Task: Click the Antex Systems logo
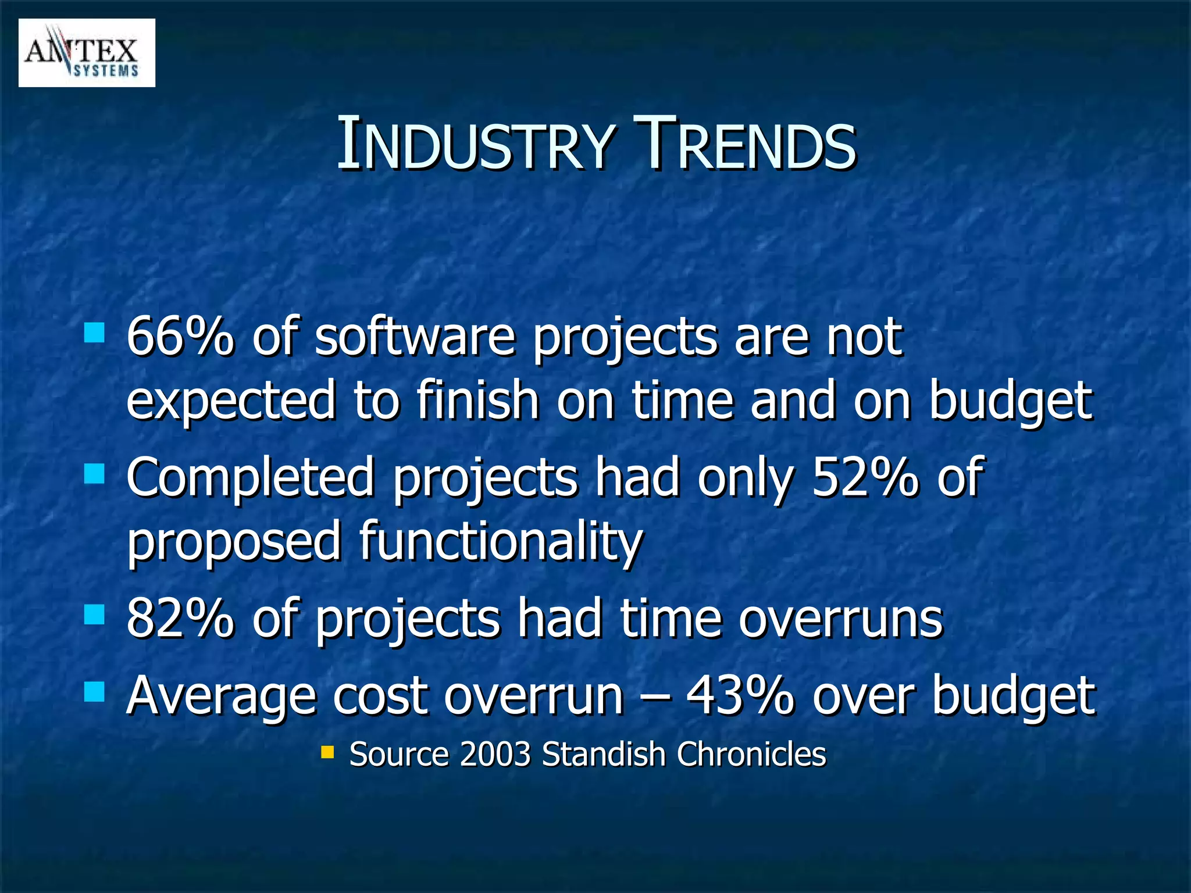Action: coord(87,53)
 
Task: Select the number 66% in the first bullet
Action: coord(180,337)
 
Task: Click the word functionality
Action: coord(501,541)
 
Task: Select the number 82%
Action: coord(180,619)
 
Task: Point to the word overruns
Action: coord(840,619)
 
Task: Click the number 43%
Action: coord(740,696)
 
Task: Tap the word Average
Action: coord(221,696)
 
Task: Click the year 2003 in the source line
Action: coord(495,755)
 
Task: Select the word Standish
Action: coord(603,755)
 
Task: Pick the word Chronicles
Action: coord(751,755)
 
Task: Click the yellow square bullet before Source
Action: coord(327,753)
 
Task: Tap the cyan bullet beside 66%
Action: coord(94,333)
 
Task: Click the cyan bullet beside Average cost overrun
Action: coord(94,692)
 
